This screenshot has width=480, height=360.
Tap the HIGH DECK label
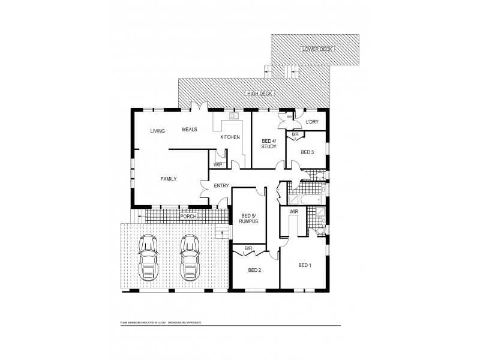click(x=259, y=94)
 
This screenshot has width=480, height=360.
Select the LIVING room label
click(x=158, y=131)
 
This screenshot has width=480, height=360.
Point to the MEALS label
click(x=190, y=129)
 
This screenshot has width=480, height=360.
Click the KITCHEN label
click(x=230, y=137)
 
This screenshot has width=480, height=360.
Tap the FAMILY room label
click(x=168, y=179)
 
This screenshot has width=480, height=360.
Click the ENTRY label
click(x=221, y=186)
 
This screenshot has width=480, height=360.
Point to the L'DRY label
click(x=312, y=122)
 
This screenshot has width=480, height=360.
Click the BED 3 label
click(x=307, y=152)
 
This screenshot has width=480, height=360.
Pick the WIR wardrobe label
click(x=294, y=212)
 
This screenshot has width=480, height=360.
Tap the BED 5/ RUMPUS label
click(x=248, y=218)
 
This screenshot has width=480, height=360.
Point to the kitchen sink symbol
click(x=235, y=116)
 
